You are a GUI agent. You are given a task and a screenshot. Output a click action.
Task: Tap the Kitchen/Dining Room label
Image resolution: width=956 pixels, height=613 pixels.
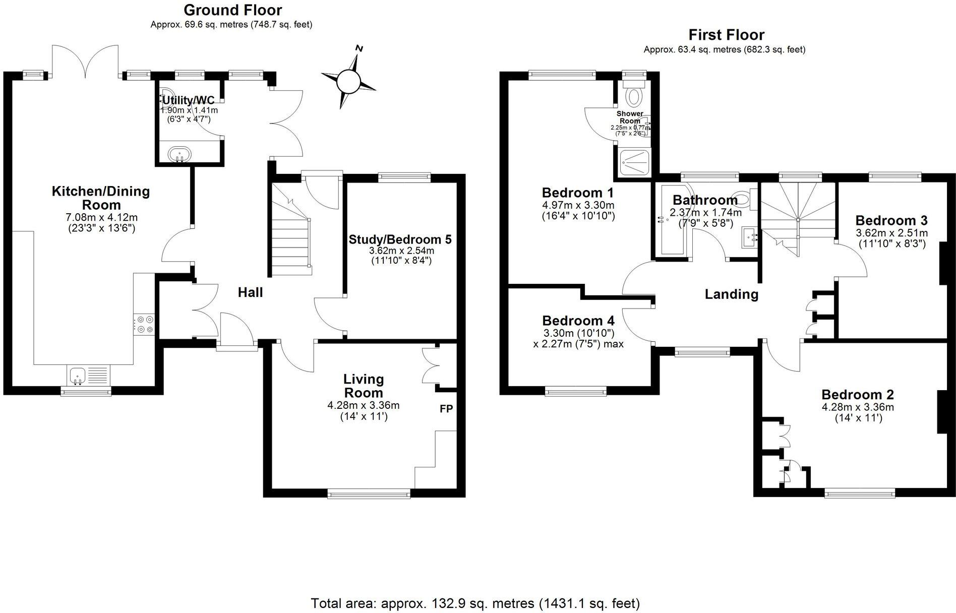point(101,198)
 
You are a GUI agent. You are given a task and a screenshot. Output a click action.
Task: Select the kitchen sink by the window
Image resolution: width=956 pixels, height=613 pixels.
point(77,375)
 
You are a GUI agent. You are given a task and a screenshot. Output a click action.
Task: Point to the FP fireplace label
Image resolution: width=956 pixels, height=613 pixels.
point(446,409)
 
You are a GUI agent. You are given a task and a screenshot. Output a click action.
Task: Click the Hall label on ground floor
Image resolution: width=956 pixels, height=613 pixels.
point(250,292)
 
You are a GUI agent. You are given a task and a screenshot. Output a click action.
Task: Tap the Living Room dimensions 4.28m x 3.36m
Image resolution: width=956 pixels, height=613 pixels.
point(363,405)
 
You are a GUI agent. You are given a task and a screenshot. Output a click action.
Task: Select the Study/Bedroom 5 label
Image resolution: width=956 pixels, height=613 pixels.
point(400,239)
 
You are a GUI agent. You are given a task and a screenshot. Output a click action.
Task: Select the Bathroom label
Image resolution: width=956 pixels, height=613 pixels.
point(705,200)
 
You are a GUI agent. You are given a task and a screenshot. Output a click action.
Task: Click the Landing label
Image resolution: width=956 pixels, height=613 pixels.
point(731,294)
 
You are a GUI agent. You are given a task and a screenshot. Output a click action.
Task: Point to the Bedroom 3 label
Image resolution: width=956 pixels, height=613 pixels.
point(891,221)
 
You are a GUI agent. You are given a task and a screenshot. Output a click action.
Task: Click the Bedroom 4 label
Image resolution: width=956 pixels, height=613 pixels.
point(578,321)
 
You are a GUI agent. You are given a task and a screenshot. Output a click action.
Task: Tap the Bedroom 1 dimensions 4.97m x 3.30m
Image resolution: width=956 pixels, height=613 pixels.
point(578,205)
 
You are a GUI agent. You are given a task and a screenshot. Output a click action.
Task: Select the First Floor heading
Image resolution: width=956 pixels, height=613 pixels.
point(726,35)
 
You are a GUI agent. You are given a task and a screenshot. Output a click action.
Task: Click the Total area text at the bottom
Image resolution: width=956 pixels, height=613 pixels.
point(475,603)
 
